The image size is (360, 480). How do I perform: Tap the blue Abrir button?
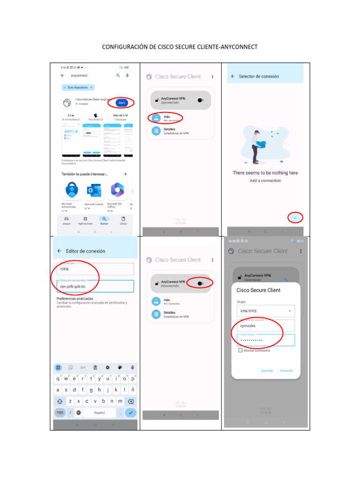coord(122,103)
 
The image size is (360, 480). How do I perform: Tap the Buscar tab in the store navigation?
coord(104,220)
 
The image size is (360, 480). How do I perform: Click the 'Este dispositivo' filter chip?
coord(78,87)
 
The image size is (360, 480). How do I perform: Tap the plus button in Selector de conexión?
coord(295,217)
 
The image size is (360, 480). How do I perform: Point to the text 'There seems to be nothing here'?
coord(265,173)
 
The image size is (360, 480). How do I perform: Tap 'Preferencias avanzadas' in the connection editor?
coord(75,299)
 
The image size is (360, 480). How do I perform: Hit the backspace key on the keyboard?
coord(131,401)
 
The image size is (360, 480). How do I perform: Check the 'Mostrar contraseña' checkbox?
coord(240,350)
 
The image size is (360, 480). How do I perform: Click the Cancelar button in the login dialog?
coord(267,371)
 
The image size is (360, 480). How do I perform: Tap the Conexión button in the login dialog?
coord(286,371)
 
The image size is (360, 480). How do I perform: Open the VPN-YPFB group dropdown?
coord(265,311)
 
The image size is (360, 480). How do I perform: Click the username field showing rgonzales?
coord(265,325)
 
